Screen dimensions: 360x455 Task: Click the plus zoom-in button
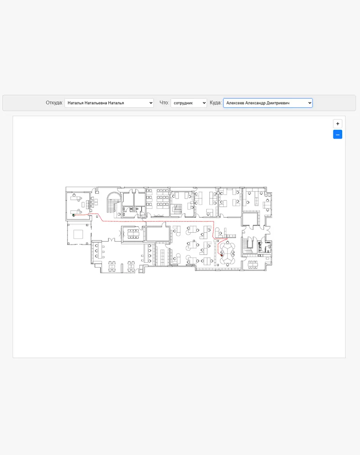point(338,124)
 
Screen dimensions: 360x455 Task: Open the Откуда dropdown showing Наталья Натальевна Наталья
point(109,103)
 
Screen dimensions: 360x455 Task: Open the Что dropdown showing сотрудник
point(188,103)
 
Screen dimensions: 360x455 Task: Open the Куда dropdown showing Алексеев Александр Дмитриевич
point(268,103)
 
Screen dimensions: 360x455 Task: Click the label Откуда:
point(54,103)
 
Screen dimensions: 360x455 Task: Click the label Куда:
point(215,103)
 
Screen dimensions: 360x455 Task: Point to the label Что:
point(164,103)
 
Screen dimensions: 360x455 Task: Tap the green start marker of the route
point(73,215)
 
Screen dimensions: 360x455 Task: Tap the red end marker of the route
point(222,255)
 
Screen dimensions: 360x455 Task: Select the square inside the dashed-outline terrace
point(78,234)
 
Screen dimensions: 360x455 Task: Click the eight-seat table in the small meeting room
point(133,234)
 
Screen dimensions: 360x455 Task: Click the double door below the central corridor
point(112,240)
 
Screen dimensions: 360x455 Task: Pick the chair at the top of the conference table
point(228,242)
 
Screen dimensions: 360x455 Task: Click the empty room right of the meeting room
point(158,234)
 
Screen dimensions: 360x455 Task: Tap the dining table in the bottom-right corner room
point(253,264)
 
